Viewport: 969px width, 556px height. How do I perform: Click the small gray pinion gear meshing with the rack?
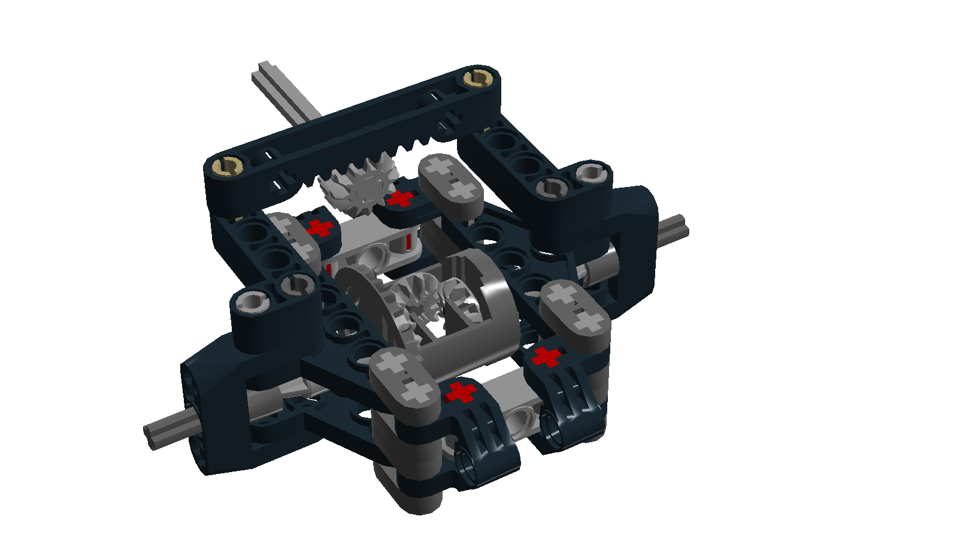coord(358,187)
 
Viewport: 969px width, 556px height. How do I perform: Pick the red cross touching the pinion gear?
coord(400,199)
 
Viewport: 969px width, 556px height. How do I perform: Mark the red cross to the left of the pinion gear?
coord(320,228)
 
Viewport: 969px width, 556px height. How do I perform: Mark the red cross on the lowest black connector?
coord(460,393)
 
